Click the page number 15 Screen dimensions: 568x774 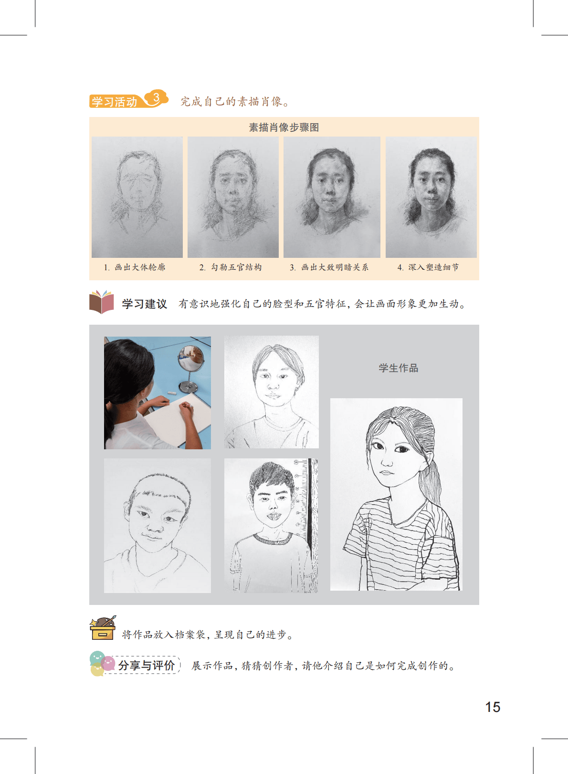point(493,707)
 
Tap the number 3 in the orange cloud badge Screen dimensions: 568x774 point(156,98)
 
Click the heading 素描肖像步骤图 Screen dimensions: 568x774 point(284,127)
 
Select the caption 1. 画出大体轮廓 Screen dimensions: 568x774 point(135,267)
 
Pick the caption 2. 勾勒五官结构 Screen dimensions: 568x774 point(231,267)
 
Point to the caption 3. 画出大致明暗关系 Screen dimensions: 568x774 point(329,267)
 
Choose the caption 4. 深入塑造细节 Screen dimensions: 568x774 point(428,267)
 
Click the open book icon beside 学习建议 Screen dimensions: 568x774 point(102,302)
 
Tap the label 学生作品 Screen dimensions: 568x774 point(399,368)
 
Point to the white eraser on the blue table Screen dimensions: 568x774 point(171,393)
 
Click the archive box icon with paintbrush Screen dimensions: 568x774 point(103,627)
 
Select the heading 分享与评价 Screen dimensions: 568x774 point(147,665)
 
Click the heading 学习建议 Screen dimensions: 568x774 point(145,304)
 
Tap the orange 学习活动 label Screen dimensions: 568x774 point(115,102)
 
